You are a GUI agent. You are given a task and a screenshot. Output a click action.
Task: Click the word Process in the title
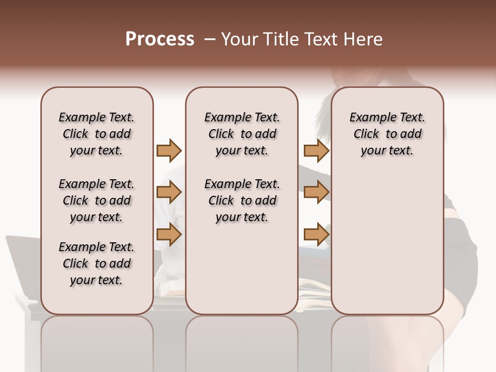click(160, 39)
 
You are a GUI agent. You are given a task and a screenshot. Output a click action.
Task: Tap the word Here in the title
click(363, 39)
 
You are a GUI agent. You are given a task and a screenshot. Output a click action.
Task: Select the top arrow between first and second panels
click(169, 150)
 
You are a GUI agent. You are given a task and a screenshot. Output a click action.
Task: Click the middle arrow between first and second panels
click(169, 193)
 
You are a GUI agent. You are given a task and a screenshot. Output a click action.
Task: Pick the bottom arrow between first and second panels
click(169, 235)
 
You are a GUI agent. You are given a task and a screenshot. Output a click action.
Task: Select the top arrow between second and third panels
click(316, 150)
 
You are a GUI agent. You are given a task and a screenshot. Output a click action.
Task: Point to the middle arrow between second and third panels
click(316, 193)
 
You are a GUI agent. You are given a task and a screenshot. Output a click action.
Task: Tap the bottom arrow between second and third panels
click(316, 235)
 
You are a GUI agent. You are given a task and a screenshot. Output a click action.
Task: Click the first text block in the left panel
click(97, 134)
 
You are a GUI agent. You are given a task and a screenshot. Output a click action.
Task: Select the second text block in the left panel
click(97, 200)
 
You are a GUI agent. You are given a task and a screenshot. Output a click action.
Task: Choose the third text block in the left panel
click(97, 263)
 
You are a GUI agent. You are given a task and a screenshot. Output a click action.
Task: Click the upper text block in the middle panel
click(242, 134)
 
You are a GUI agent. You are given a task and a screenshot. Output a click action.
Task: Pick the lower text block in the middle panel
click(242, 200)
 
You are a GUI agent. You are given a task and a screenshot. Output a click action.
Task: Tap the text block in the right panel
click(388, 134)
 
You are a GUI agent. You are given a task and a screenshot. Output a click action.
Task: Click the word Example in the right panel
click(369, 118)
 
